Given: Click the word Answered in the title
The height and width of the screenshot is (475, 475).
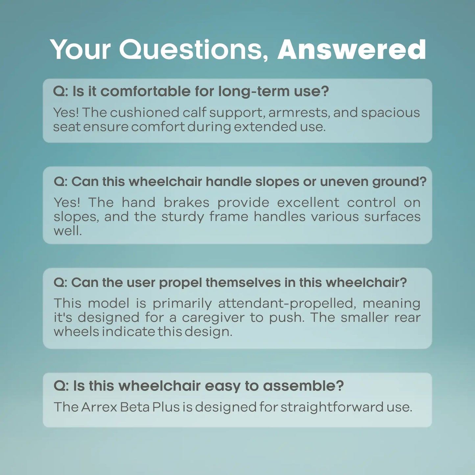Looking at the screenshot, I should (352, 50).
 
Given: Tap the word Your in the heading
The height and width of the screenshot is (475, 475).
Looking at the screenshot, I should (80, 50).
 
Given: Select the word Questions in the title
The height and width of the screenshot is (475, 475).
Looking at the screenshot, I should (193, 50).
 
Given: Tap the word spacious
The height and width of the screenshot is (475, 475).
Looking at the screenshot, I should (391, 112).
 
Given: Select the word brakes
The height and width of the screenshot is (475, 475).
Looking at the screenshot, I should (186, 202).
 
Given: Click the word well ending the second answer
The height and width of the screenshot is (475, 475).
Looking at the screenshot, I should (67, 231).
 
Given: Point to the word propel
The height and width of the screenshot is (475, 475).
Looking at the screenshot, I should (180, 283).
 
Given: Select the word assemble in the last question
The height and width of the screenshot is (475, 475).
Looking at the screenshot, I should (303, 386).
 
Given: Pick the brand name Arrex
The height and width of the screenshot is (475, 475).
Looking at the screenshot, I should (99, 407).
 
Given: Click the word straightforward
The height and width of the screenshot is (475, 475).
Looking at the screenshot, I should (332, 407).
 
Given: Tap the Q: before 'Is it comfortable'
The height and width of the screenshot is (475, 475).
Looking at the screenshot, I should (60, 91).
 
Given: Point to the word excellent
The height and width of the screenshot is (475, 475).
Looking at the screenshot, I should (308, 202).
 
